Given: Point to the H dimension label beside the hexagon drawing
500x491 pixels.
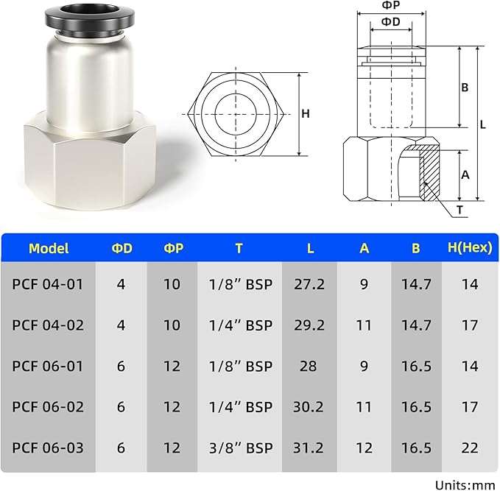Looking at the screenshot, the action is pos(306,113).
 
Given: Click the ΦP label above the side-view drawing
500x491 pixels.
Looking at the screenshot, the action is pos(391,5).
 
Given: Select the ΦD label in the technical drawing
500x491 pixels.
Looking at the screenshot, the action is pos(391,21).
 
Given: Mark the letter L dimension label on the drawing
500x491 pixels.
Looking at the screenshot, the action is pos(483,124).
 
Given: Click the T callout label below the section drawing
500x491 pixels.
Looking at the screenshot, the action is pos(459,210).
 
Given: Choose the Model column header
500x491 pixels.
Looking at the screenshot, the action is pos(49,248).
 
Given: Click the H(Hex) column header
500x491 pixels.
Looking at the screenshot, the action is pos(470,248).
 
